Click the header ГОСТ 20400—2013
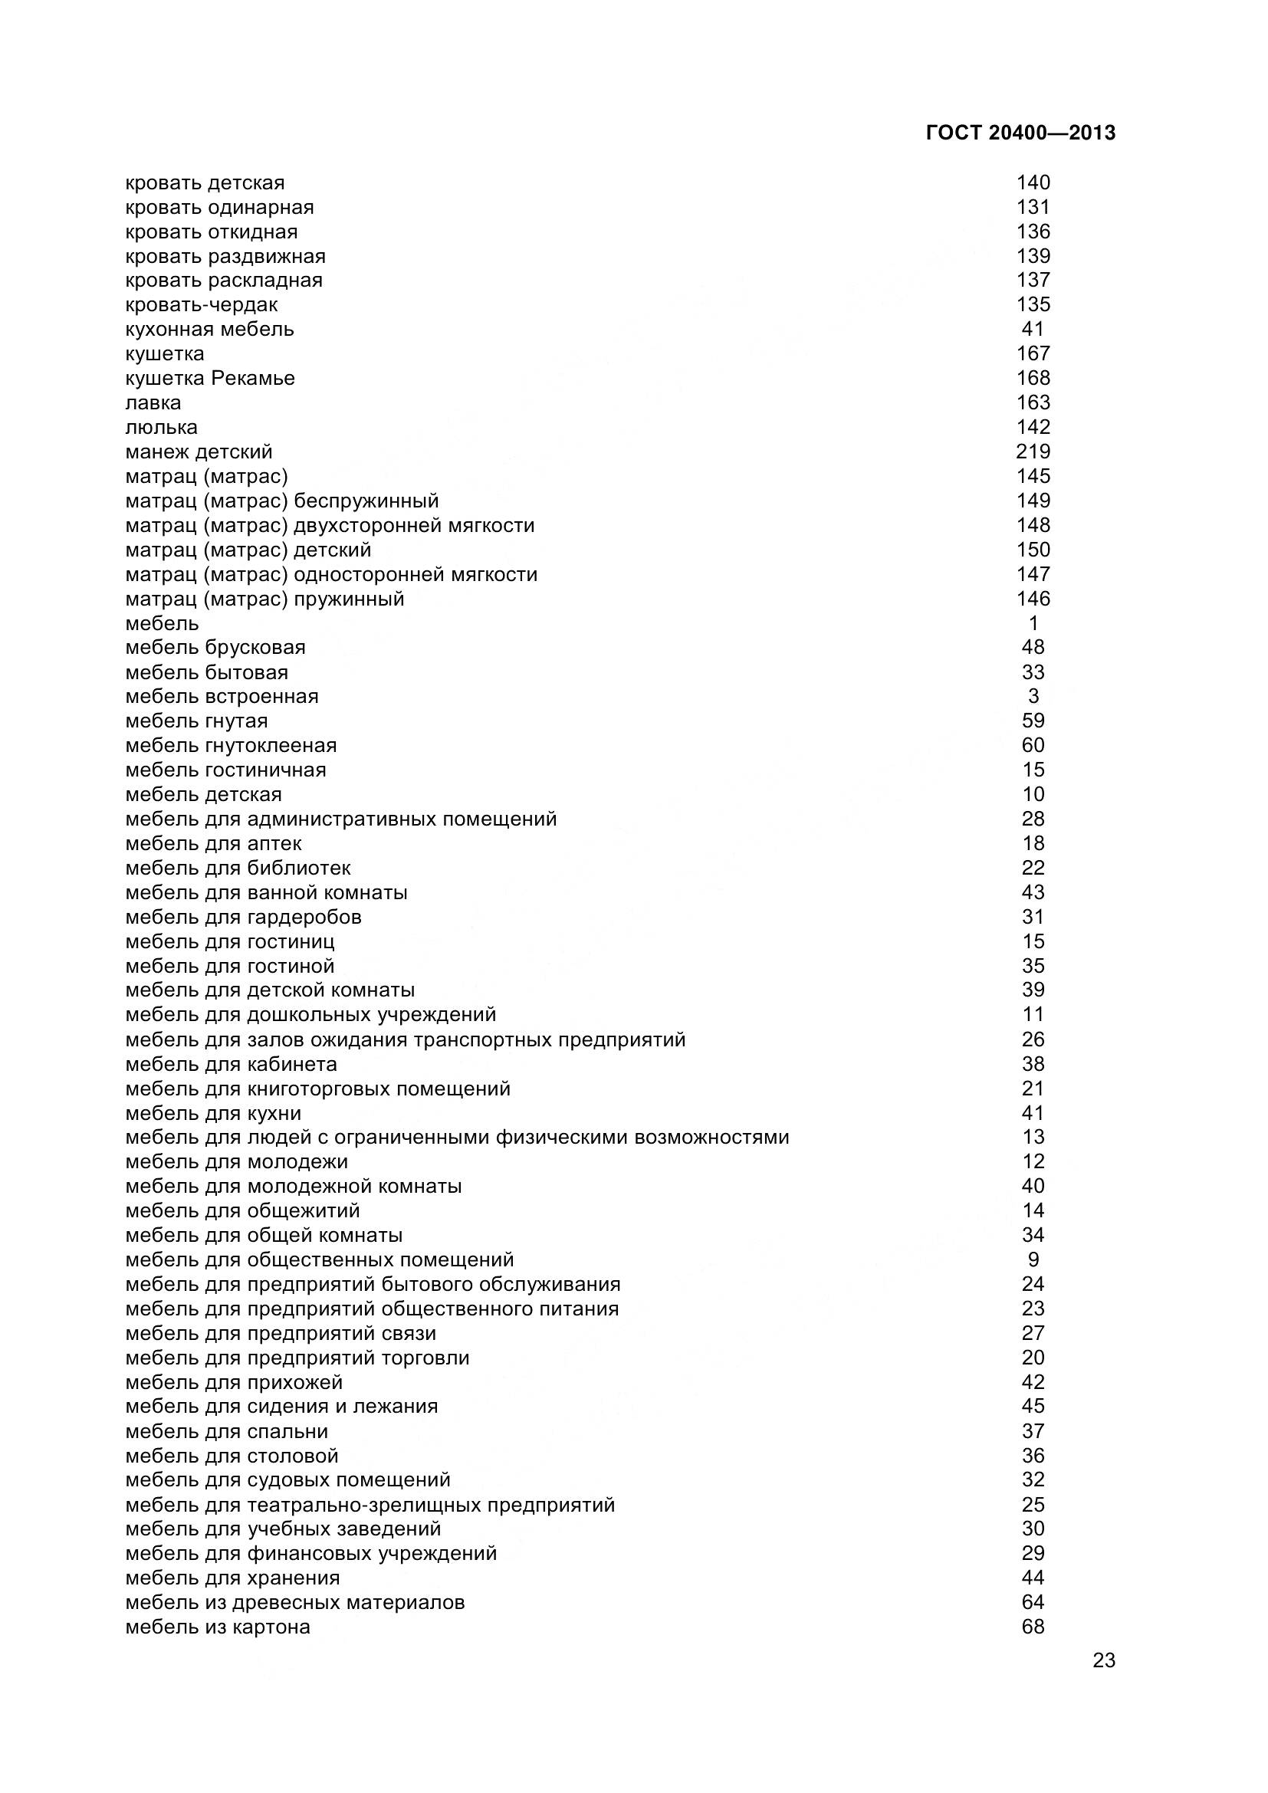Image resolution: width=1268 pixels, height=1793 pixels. pos(1020,133)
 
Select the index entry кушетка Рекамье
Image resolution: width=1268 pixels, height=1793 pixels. pos(210,379)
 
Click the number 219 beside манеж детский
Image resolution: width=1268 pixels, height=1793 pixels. pos(1033,452)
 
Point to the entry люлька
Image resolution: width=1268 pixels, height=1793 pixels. pos(162,428)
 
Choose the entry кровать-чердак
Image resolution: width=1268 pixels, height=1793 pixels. pos(202,305)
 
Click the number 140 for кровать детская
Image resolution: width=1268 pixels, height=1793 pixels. pos(1033,182)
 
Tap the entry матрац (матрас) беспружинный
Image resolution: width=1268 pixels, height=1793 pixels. pos(282,501)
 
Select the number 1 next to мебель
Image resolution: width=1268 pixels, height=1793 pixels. pos(1033,623)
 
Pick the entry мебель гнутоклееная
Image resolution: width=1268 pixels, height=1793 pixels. pos(231,746)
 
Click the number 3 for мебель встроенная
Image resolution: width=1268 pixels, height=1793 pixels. pos(1033,697)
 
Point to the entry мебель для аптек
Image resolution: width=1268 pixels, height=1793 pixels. pos(213,844)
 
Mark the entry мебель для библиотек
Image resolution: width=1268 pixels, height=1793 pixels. pos(238,869)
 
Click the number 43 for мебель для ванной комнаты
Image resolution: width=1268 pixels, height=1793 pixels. pos(1033,892)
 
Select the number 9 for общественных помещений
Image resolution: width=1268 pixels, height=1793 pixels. pos(1033,1259)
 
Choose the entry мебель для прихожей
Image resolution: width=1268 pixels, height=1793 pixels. pos(235,1382)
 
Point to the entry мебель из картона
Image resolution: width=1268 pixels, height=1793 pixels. pos(218,1627)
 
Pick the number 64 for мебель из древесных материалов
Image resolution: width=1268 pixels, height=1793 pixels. pos(1033,1602)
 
